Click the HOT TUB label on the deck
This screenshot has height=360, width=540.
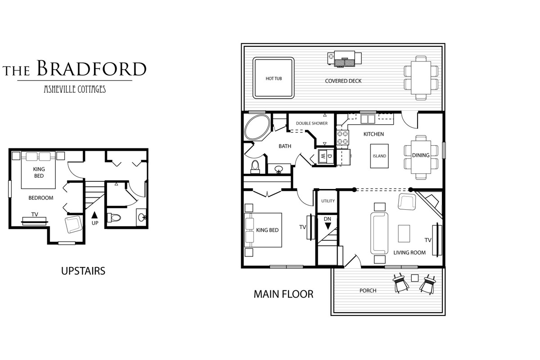(274, 79)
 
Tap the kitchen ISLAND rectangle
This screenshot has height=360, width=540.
(379, 156)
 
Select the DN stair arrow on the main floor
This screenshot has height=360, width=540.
(328, 226)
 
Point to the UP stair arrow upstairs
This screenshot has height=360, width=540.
(95, 215)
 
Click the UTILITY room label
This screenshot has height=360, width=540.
(328, 201)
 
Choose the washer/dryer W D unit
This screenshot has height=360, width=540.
(326, 156)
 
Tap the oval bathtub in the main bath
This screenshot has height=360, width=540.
(257, 127)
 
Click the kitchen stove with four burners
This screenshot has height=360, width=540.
(342, 137)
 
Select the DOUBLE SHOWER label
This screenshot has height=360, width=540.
(312, 123)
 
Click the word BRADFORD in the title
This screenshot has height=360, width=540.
(92, 68)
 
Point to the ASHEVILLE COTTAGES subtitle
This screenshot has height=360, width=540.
(75, 89)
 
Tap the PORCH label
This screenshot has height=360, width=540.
(368, 291)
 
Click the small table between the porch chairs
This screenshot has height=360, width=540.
(414, 278)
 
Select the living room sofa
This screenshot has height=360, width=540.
(379, 233)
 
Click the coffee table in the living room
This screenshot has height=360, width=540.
(404, 234)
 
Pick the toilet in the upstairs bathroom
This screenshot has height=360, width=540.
(114, 218)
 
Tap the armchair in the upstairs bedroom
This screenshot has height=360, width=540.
(74, 224)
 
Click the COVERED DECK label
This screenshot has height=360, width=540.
(343, 81)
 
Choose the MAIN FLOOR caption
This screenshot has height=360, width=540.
(283, 294)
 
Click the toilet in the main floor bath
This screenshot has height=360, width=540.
(255, 166)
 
